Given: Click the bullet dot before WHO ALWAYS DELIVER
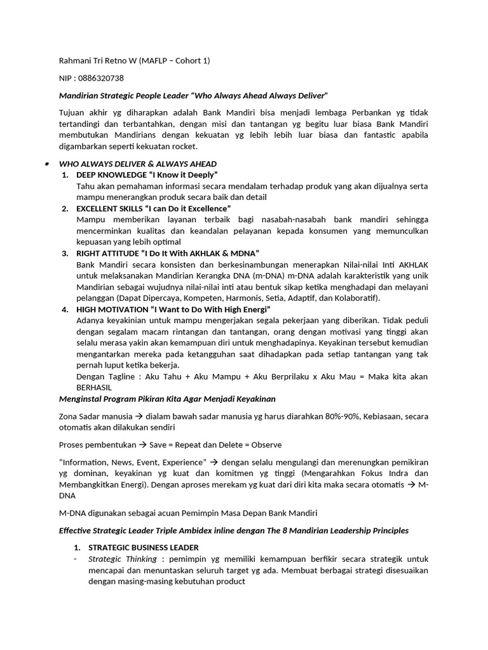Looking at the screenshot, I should click(x=48, y=164).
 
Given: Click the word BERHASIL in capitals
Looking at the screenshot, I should click(x=94, y=387).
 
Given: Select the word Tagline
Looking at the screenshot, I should click(x=122, y=376).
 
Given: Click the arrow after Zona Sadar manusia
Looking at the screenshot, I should click(x=139, y=416).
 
